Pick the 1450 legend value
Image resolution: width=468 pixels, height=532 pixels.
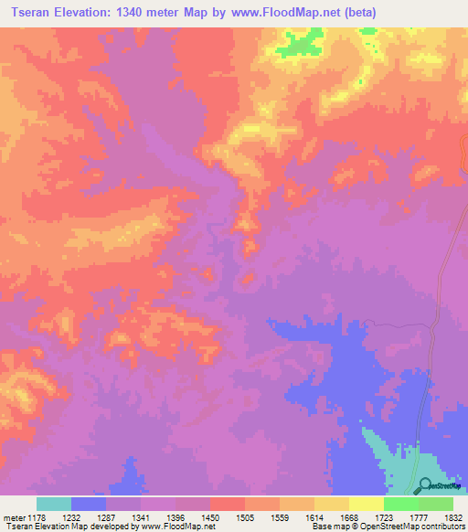click(208, 517)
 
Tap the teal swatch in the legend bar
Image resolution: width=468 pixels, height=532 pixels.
click(54, 504)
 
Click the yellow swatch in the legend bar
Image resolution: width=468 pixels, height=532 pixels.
click(366, 504)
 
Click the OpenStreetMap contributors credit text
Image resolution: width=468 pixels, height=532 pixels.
click(412, 527)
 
